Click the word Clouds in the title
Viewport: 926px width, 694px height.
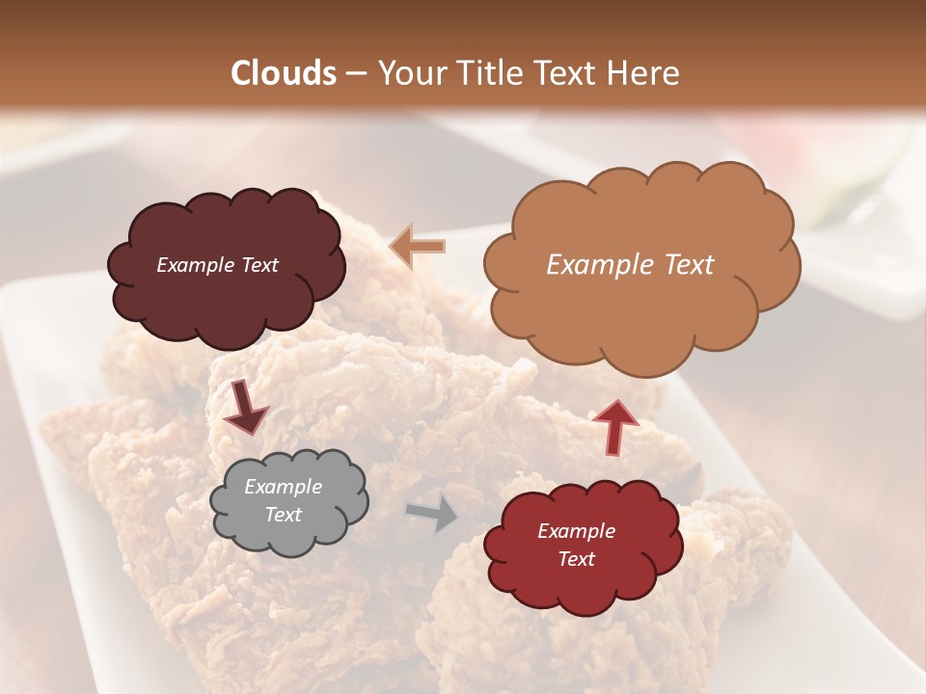(284, 73)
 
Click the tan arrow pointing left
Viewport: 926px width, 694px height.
(418, 247)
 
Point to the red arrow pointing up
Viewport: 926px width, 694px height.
(615, 425)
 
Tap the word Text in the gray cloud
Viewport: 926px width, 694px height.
(284, 516)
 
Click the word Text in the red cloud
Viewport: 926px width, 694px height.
(576, 560)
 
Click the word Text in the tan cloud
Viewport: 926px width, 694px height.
(689, 265)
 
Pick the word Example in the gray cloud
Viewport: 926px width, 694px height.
(284, 487)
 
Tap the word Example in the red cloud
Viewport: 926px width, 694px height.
(576, 531)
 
